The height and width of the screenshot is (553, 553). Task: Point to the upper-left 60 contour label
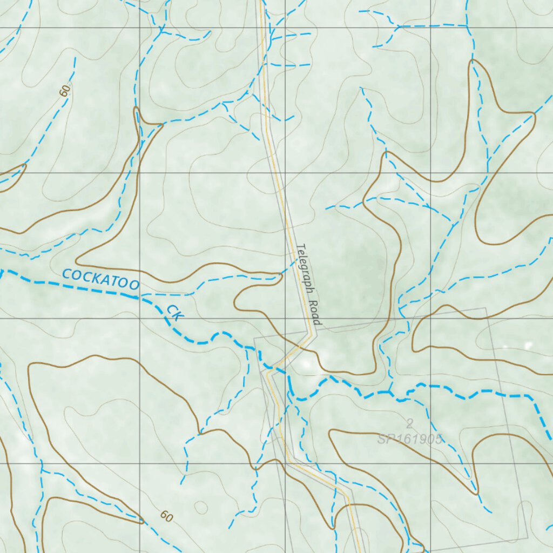pos(64,91)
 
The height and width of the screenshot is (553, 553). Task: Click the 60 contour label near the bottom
pos(166,517)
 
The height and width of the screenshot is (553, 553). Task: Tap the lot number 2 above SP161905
pos(410,423)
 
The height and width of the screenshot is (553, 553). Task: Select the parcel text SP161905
pos(410,439)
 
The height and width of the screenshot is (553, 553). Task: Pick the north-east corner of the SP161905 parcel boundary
pos(485,308)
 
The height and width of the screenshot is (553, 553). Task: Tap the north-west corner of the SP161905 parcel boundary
pos(255,339)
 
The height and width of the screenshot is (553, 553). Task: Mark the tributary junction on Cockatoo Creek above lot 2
pos(388,393)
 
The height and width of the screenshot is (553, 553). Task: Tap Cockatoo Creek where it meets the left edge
pos(1,273)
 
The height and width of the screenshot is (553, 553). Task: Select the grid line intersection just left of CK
pos(140,318)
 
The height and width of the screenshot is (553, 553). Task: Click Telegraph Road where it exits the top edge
pos(261,2)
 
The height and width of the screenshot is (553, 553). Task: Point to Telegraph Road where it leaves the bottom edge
pos(359,551)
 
